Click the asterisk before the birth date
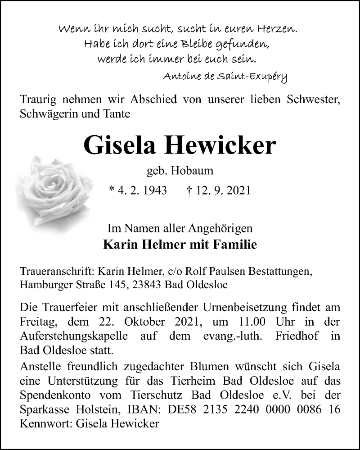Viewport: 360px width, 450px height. [x=112, y=191]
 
